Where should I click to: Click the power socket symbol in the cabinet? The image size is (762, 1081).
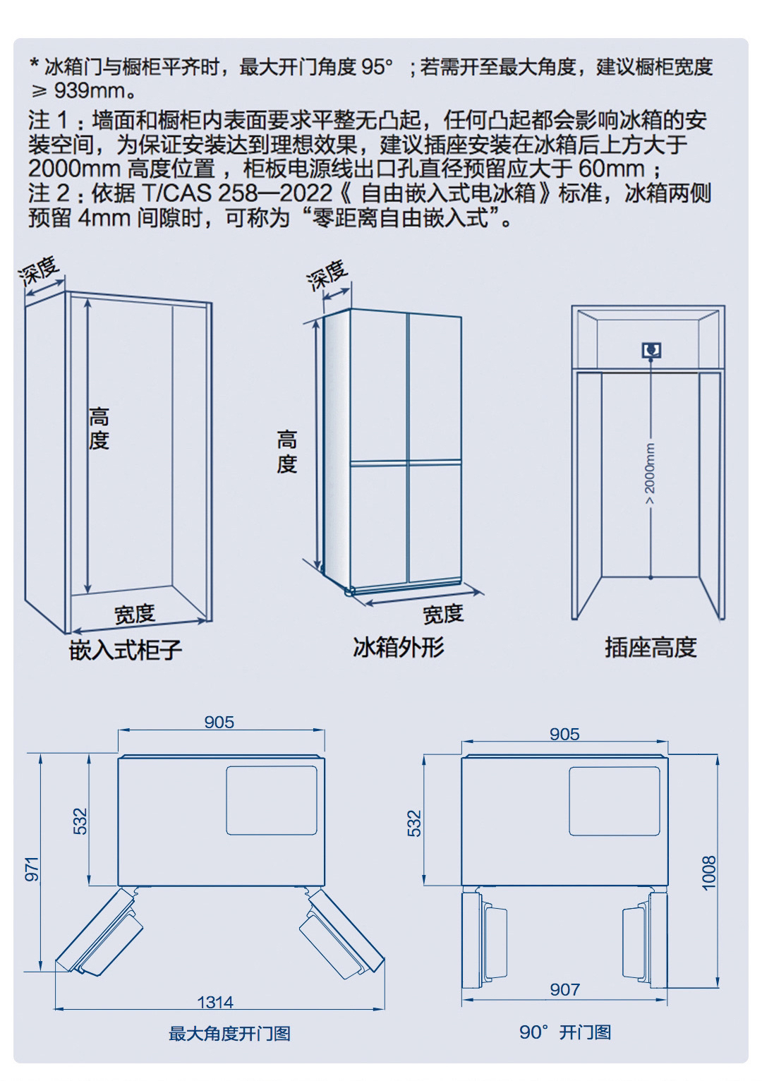pyautogui.click(x=651, y=350)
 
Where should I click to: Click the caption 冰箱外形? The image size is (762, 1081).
pyautogui.click(x=399, y=646)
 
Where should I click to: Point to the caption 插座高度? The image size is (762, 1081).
pyautogui.click(x=651, y=646)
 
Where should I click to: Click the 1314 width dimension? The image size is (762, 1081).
pyautogui.click(x=215, y=1001)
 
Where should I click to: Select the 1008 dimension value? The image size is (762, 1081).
pyautogui.click(x=709, y=872)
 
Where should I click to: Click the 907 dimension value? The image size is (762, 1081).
pyautogui.click(x=564, y=990)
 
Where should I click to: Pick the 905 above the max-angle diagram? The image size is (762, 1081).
pyautogui.click(x=219, y=722)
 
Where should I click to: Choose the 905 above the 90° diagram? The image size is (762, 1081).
pyautogui.click(x=564, y=734)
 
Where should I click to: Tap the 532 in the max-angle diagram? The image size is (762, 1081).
pyautogui.click(x=81, y=821)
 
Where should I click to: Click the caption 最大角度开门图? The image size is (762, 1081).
pyautogui.click(x=229, y=1034)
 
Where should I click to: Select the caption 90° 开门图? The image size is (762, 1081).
pyautogui.click(x=565, y=1032)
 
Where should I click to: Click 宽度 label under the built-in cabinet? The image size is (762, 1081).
pyautogui.click(x=135, y=613)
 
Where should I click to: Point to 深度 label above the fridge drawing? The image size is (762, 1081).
pyautogui.click(x=328, y=275)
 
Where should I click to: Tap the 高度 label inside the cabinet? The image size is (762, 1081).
pyautogui.click(x=99, y=429)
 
